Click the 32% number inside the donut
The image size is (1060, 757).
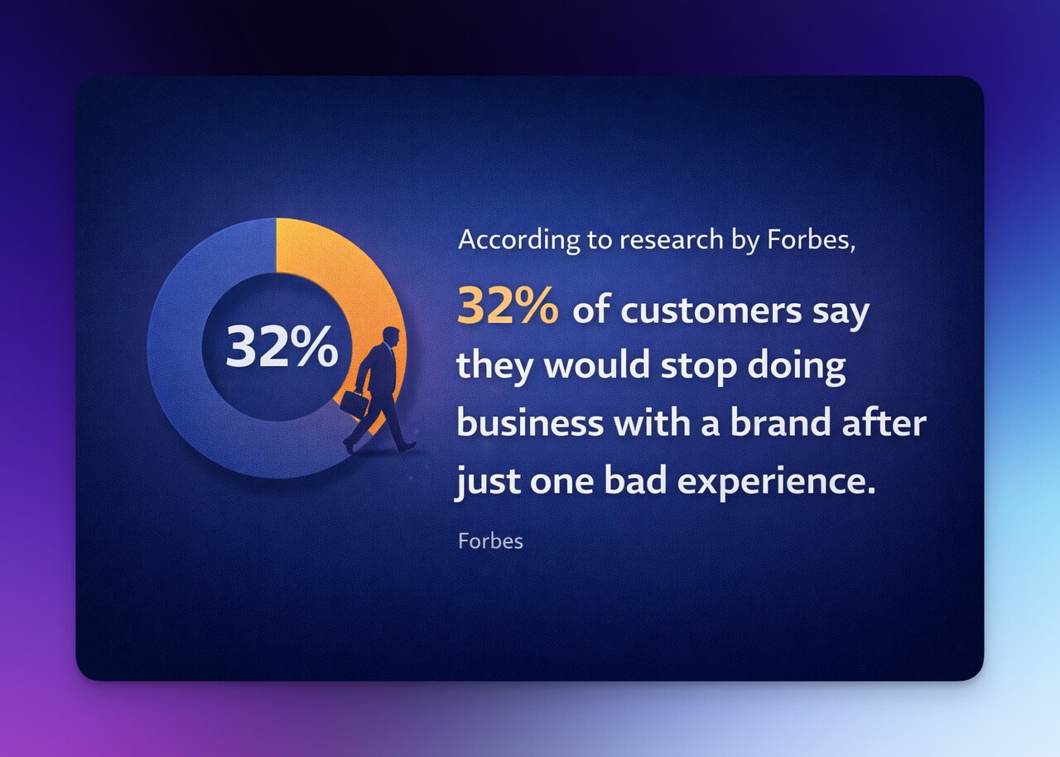pyautogui.click(x=282, y=345)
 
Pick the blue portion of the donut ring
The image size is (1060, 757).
pyautogui.click(x=190, y=398)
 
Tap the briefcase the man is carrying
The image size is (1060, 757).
pyautogui.click(x=354, y=403)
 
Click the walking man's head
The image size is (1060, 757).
pyautogui.click(x=390, y=337)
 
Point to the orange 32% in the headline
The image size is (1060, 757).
pyautogui.click(x=507, y=307)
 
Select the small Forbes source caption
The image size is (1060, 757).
pyautogui.click(x=490, y=542)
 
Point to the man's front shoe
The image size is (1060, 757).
pyautogui.click(x=407, y=446)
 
